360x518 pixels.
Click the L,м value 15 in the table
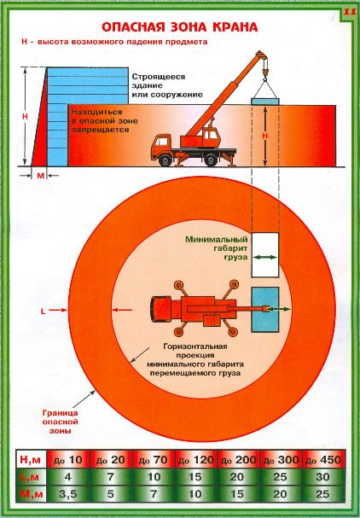pos(195,477)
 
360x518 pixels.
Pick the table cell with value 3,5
pos(68,494)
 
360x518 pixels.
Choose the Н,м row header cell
pos(31,460)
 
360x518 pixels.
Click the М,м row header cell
pos(31,494)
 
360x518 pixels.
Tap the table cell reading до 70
pos(153,460)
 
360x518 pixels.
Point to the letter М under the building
pos(40,176)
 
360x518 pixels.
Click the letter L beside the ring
pos(43,311)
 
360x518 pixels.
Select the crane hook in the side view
pos(264,73)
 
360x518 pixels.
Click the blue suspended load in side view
pos(265,102)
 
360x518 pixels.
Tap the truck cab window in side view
pos(162,142)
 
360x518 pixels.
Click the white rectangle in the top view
pos(264,254)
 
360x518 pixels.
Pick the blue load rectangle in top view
pos(265,310)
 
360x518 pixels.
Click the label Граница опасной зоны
pos(60,422)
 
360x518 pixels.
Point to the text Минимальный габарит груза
pos(217,248)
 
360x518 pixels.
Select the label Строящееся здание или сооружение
pos(167,85)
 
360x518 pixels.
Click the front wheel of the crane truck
pos(165,160)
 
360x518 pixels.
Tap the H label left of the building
pos(25,117)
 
